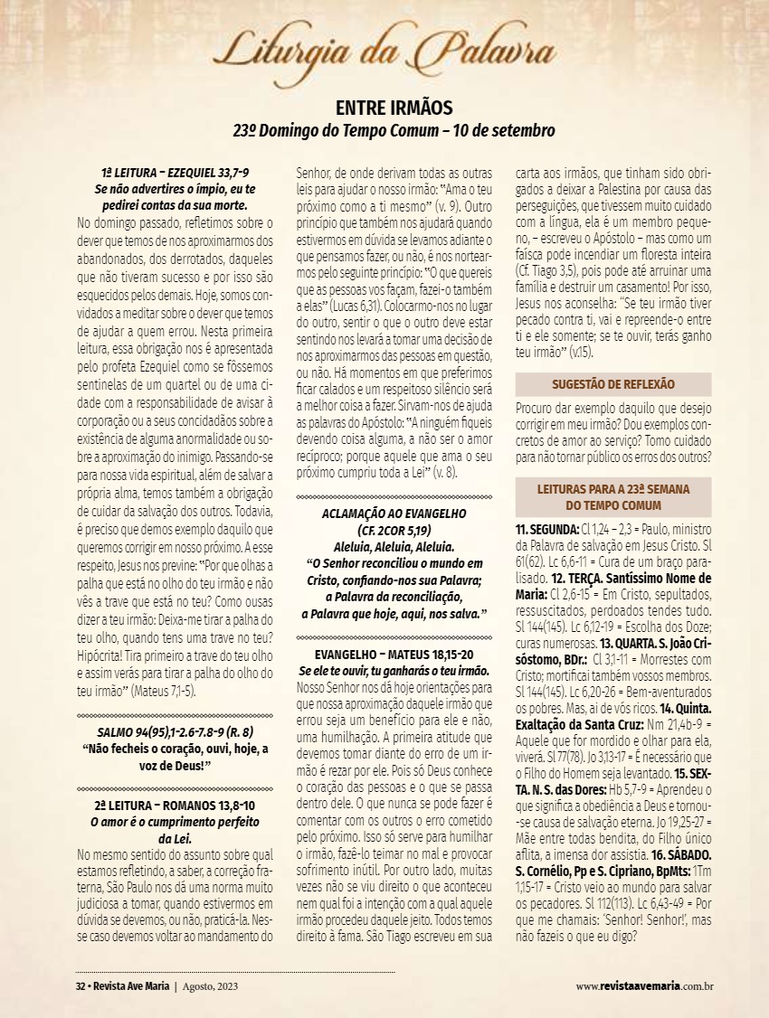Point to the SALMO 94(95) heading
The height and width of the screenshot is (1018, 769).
176,732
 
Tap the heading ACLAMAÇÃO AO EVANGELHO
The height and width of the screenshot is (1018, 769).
394,514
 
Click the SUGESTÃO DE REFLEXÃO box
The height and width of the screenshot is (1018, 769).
613,384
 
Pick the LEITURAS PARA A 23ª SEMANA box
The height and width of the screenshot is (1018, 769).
613,497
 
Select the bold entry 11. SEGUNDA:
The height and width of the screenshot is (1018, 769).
547,528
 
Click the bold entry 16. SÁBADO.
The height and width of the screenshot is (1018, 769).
681,853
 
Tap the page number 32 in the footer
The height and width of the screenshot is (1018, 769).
80,986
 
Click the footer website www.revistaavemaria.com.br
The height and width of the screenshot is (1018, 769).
644,986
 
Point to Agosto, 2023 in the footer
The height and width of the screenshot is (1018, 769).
211,986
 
